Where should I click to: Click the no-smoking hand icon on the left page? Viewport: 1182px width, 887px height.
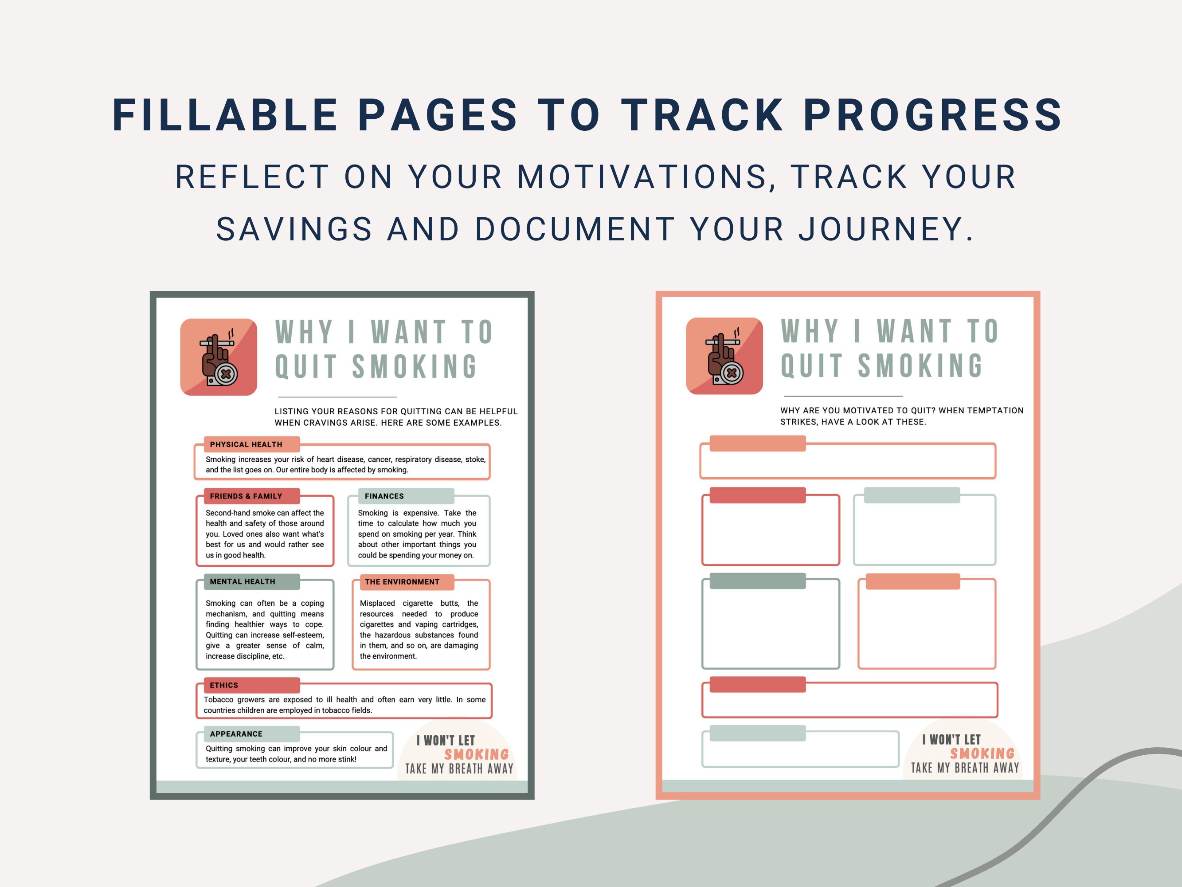pyautogui.click(x=219, y=357)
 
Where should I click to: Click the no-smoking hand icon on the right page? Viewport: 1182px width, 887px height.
pyautogui.click(x=724, y=356)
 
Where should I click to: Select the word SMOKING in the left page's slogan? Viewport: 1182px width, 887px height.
pyautogui.click(x=476, y=754)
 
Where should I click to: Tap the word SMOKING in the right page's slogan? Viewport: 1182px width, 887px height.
pyautogui.click(x=982, y=754)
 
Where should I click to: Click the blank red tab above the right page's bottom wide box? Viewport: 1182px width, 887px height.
pyautogui.click(x=757, y=684)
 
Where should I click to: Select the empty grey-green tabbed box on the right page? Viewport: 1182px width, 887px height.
pyautogui.click(x=771, y=623)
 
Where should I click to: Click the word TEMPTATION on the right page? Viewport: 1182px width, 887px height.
pyautogui.click(x=994, y=411)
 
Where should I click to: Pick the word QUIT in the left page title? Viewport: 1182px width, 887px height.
pyautogui.click(x=305, y=367)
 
